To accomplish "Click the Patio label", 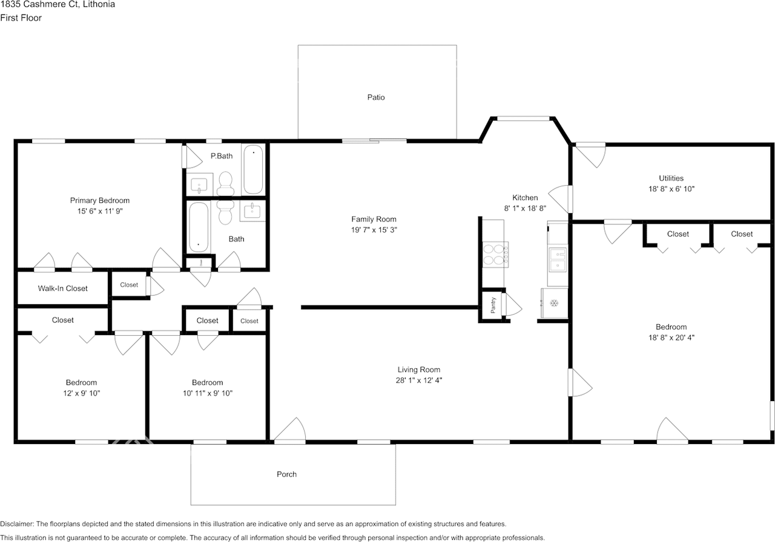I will coord(375,97).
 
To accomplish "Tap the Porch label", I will coord(286,474).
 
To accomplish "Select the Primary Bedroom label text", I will coord(100,201).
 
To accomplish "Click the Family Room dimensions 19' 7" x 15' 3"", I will coord(374,230).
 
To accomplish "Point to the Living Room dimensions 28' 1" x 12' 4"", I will coord(418,380).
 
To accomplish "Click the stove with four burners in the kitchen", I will coord(495,254).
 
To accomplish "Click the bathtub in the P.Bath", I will coord(253,169).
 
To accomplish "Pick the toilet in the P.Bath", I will coord(226,183).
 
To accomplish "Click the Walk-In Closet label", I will coord(63,289).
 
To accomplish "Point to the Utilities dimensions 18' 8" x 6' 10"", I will coord(671,189).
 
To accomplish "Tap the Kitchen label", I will coord(525,198).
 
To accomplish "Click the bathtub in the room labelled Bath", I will coord(199,227).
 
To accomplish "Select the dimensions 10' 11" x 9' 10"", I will coord(207,393).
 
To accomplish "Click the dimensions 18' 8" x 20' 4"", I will coord(671,338).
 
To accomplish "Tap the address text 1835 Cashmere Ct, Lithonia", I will coord(58,5).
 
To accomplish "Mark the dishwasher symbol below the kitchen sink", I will coord(553,302).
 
